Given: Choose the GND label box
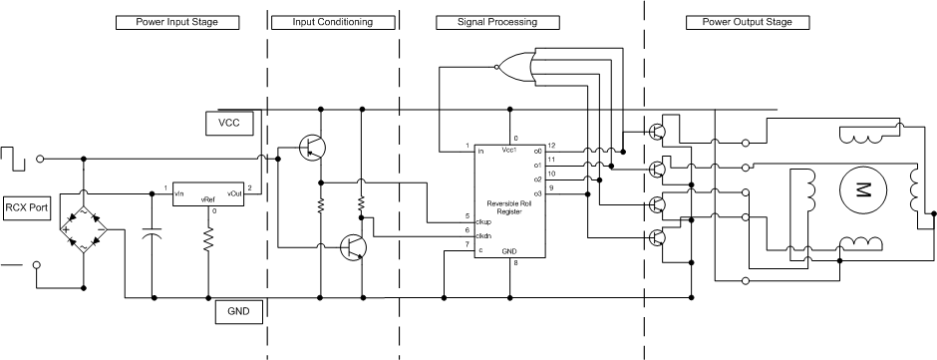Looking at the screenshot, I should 239,313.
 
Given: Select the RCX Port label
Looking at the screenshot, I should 27,207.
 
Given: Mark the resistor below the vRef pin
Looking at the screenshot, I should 208,239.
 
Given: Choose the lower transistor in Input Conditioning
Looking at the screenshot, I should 353,246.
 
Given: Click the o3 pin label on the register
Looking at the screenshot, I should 537,192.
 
